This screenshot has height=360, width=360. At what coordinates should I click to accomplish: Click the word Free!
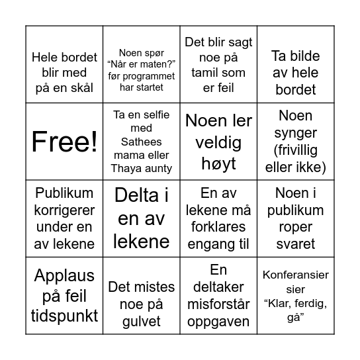point(64,141)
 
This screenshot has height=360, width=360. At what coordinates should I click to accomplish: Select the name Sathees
point(142,141)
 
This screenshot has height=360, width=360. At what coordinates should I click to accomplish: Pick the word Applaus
point(64,275)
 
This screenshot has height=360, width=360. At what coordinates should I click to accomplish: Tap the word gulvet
point(142,321)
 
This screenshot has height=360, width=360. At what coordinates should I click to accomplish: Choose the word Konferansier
point(295,275)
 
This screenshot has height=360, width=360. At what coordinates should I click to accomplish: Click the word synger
point(295,133)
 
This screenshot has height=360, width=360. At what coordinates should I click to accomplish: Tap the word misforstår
point(218,304)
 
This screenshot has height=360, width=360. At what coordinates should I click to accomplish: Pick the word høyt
point(218,163)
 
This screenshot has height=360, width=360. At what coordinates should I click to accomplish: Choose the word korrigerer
point(64,210)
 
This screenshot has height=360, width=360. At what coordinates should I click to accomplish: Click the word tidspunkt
point(64,315)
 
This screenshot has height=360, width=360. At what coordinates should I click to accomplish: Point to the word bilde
point(295,73)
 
